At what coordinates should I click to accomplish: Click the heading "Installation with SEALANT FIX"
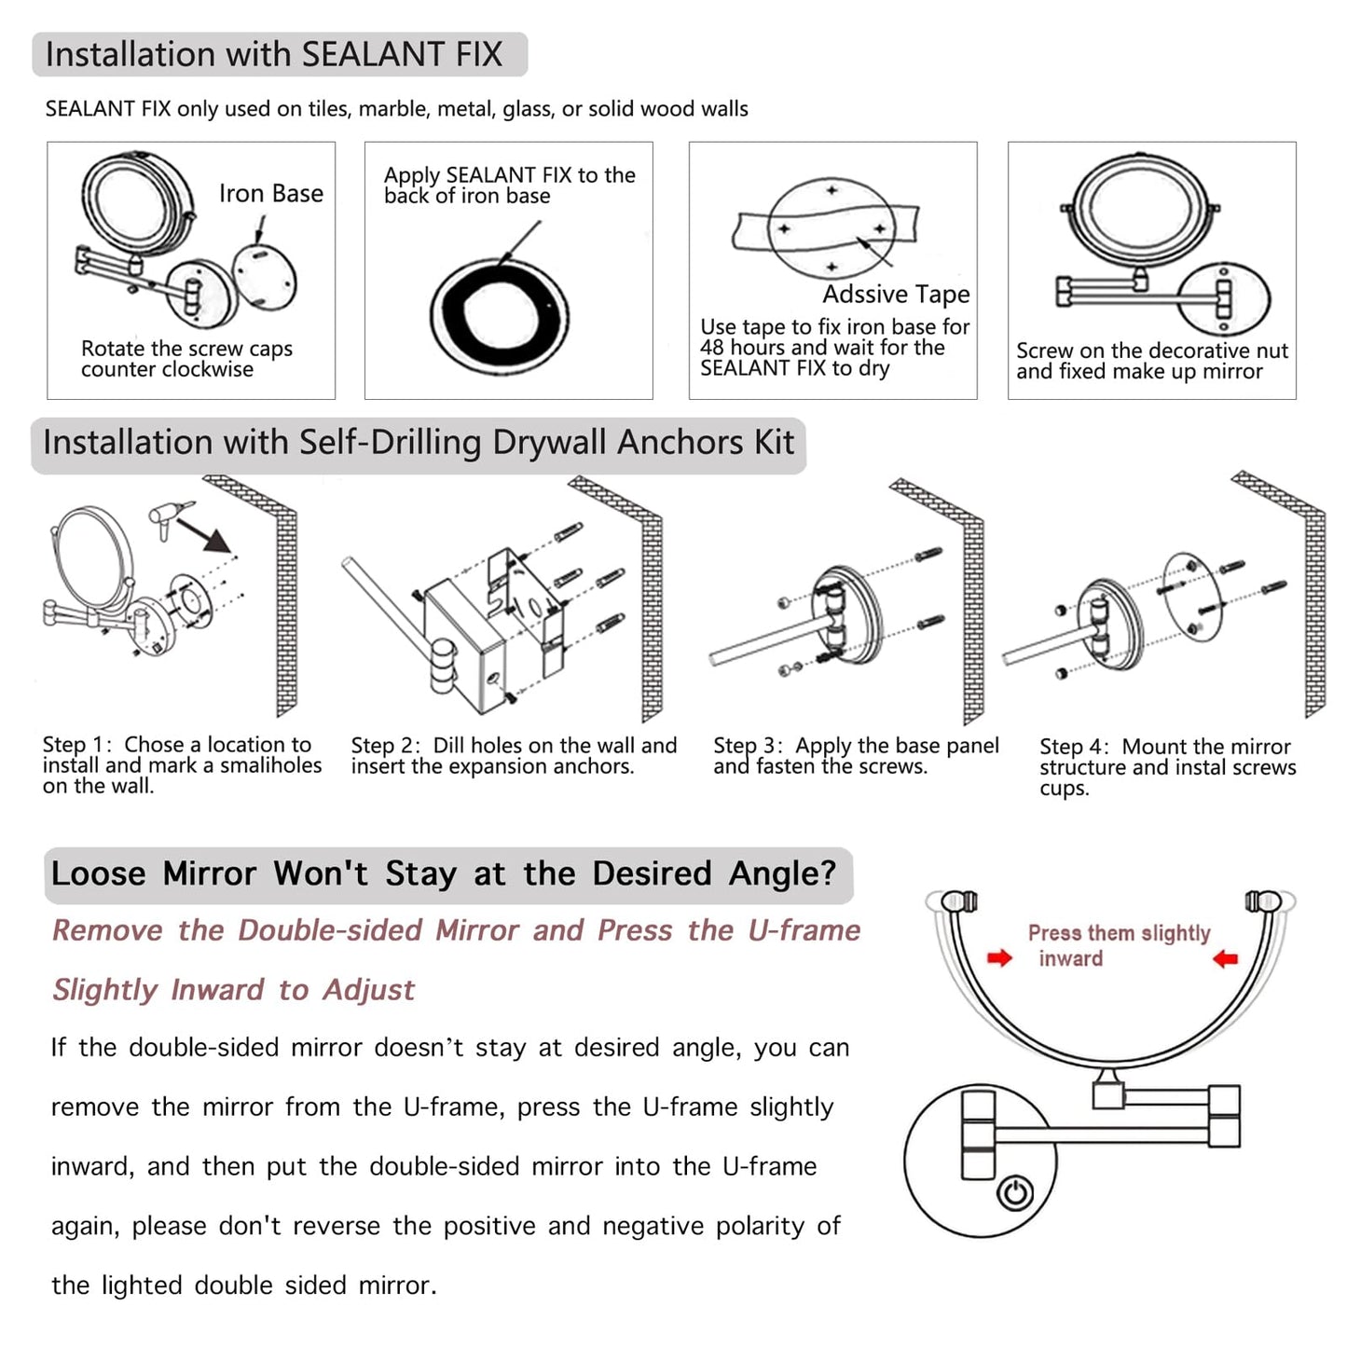[x=274, y=55]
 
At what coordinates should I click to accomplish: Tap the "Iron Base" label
[x=271, y=193]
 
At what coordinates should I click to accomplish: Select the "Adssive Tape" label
[x=896, y=295]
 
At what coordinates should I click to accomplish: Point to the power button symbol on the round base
[x=1015, y=1193]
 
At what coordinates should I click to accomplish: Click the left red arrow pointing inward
[x=999, y=958]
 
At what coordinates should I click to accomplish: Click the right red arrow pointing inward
[x=1225, y=958]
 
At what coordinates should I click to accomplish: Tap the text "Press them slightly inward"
[x=1118, y=944]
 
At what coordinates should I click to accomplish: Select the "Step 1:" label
[x=76, y=745]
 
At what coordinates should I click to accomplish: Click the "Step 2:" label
[x=385, y=746]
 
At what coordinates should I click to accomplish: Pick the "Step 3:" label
[x=748, y=746]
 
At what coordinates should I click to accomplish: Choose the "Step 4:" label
[x=1074, y=747]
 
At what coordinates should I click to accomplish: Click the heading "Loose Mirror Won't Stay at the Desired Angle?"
[x=444, y=873]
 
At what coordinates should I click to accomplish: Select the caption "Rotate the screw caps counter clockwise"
[x=186, y=359]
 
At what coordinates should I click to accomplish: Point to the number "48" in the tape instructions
[x=711, y=348]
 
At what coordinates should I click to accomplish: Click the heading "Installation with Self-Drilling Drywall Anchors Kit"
[x=419, y=443]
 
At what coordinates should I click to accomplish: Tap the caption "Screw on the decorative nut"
[x=1151, y=351]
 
